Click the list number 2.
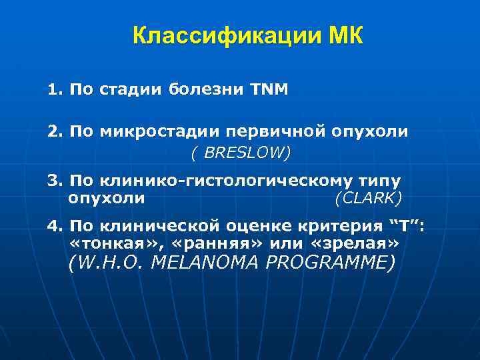(53, 131)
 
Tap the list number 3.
(53, 181)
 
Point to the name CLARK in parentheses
(369, 198)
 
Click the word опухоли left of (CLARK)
(106, 198)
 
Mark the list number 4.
(53, 226)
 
